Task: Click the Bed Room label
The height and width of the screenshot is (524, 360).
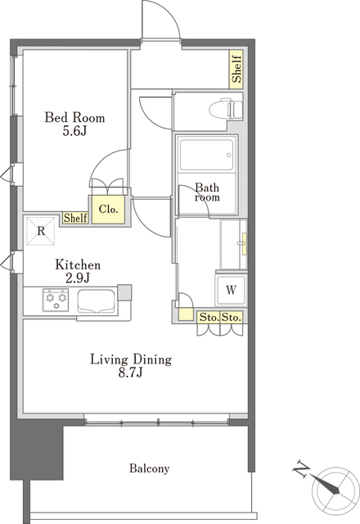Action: coord(74,117)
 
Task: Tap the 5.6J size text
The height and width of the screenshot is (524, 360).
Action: coord(74,131)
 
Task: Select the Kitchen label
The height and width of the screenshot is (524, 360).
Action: coord(78,264)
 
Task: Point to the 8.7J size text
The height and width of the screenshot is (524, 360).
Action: coord(131,373)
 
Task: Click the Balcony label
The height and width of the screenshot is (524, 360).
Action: coord(149,468)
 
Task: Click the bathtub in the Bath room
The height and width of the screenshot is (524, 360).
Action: coord(206,155)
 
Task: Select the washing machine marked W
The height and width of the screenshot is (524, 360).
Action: coord(231,289)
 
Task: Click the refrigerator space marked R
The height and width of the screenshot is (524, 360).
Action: coord(41,231)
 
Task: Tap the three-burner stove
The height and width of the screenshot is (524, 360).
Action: coord(56,300)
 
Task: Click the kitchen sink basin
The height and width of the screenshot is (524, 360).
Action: coord(97,300)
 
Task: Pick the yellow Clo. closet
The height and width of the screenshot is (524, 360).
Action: coord(109,210)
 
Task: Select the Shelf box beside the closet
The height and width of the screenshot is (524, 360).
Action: coord(75,218)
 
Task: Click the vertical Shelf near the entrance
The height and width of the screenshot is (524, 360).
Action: coord(236,69)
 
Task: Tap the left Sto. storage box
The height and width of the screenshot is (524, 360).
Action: coord(209,317)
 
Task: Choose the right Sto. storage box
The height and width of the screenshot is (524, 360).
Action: coord(232,317)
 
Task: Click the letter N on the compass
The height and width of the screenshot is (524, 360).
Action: coord(301,469)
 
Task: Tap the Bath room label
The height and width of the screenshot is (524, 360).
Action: coord(207,192)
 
